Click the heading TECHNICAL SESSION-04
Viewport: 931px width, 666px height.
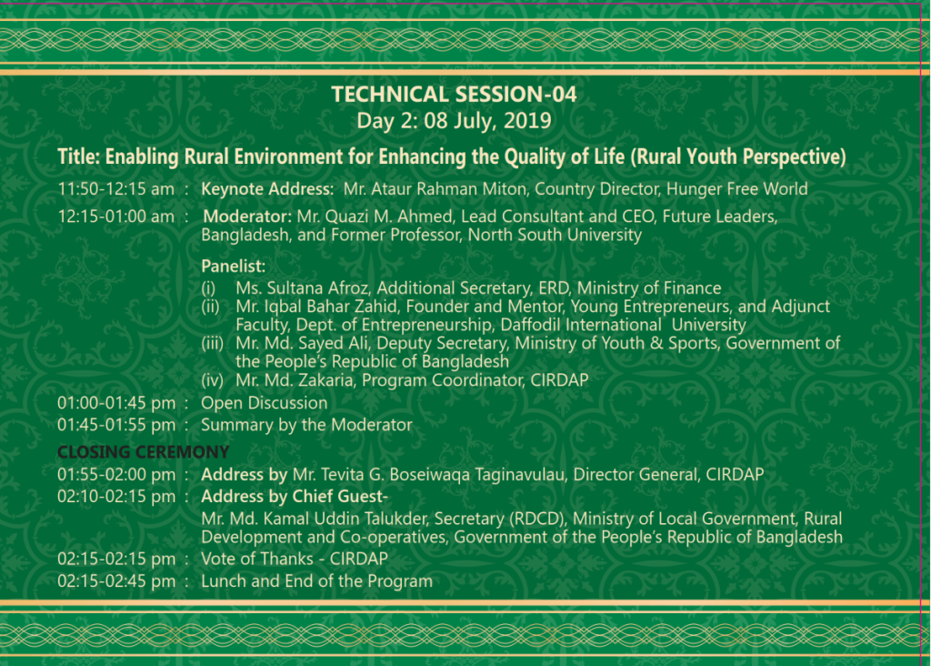(454, 95)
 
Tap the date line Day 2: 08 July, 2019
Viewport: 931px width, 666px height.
(454, 121)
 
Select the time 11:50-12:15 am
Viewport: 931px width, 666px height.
(115, 189)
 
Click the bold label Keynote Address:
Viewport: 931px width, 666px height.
(267, 189)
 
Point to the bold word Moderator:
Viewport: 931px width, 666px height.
(247, 217)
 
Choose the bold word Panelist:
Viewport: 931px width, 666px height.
(234, 267)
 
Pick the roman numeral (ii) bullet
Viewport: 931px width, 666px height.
(210, 307)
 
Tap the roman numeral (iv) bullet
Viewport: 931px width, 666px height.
(212, 380)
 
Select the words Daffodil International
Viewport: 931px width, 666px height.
(581, 325)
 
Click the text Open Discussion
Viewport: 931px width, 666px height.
(265, 403)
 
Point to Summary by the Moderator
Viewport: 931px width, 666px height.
(306, 425)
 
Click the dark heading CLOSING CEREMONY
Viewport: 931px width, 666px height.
(143, 452)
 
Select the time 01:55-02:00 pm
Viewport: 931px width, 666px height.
(116, 475)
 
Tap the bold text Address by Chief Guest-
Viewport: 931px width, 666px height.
(295, 497)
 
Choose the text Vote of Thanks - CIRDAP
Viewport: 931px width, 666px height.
(295, 559)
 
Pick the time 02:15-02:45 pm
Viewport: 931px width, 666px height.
(116, 581)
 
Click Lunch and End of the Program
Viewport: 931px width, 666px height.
(317, 581)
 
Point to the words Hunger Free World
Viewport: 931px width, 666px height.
(736, 189)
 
